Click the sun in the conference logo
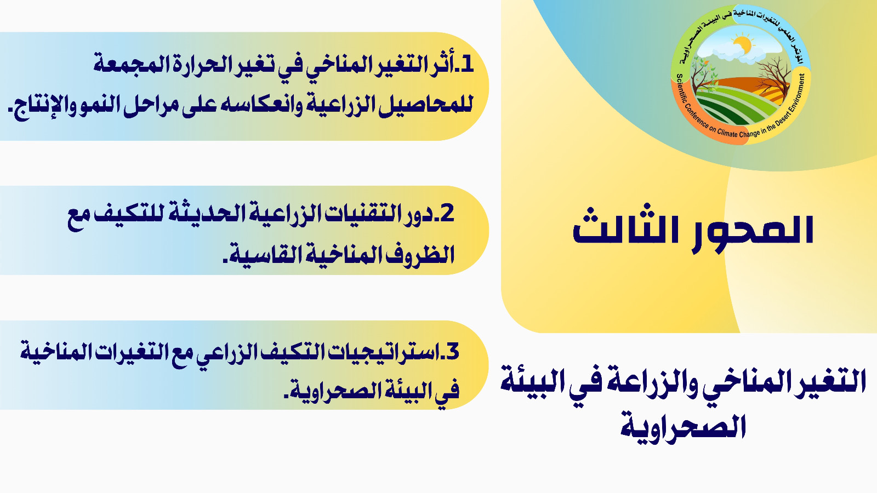pyautogui.click(x=742, y=44)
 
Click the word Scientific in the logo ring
pyautogui.click(x=682, y=88)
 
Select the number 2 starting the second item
pyautogui.click(x=447, y=213)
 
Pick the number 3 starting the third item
pyautogui.click(x=452, y=351)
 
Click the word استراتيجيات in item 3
pyautogui.click(x=386, y=353)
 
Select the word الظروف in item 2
pyautogui.click(x=414, y=255)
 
